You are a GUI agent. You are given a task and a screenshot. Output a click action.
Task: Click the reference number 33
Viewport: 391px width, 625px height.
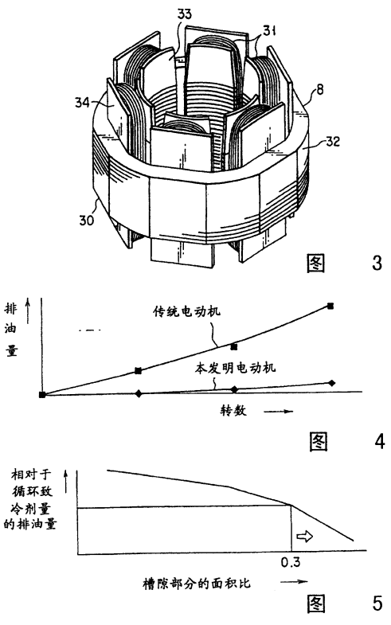pos(184,14)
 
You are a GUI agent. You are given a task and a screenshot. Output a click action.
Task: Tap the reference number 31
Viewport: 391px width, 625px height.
pos(269,30)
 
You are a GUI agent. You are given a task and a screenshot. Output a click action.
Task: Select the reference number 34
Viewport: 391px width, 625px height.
pos(82,103)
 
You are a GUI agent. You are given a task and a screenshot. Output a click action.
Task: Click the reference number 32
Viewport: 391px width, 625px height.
pos(332,142)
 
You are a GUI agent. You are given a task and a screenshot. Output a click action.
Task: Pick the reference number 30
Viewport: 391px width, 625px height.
pos(86,220)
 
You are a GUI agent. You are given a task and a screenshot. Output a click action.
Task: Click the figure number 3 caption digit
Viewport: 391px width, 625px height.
pos(377,263)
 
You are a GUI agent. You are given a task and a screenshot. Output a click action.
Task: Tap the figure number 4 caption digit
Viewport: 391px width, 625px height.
pos(380,441)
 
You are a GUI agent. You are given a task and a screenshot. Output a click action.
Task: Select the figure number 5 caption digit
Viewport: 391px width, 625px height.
pos(377,603)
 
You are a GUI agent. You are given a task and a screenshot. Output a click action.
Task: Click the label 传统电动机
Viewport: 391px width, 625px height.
pos(187,311)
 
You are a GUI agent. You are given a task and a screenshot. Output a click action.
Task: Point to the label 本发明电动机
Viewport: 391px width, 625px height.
pos(235,367)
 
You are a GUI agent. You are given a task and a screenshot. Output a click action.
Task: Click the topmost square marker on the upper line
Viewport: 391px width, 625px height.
pos(330,306)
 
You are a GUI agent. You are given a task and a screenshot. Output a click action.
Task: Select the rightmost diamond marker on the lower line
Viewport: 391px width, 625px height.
pos(331,383)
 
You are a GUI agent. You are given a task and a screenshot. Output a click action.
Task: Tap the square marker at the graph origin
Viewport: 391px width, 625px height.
pos(42,395)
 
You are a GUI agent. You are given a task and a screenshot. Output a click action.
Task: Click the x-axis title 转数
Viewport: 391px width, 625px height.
pos(233,410)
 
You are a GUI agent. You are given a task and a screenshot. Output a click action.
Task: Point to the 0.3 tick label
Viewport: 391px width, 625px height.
pos(291,562)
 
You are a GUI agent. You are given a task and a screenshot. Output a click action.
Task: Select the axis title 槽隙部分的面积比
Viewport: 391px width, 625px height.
pos(197,584)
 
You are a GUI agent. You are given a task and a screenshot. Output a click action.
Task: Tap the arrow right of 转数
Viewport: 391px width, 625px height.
pos(278,412)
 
